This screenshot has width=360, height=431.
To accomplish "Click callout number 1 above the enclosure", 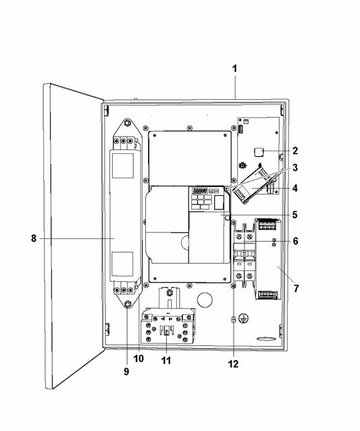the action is [234, 69].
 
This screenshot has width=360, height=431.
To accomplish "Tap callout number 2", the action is [295, 151].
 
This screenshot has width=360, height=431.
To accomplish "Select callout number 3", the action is [295, 168].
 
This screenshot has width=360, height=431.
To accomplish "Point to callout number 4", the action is [295, 188].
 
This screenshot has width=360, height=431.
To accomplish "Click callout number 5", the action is [295, 215].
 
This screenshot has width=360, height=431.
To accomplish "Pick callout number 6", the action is [295, 241].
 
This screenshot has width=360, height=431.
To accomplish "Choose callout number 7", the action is [296, 288].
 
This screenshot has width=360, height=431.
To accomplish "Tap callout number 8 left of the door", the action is [34, 238].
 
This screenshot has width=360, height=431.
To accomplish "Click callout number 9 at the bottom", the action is [126, 372].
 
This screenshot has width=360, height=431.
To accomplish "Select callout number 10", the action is [138, 359].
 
